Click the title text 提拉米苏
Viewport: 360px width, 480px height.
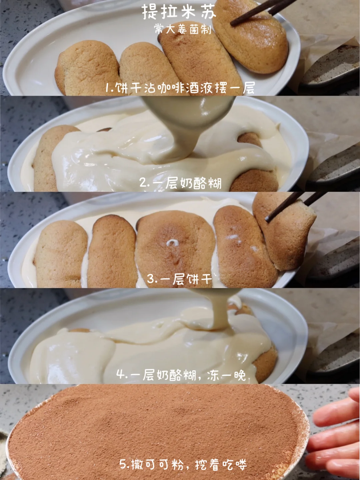tap(179, 12)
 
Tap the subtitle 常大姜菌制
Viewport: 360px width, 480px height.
tap(183, 29)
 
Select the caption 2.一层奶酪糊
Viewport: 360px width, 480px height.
tap(180, 183)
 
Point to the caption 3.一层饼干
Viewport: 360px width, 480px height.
tap(180, 279)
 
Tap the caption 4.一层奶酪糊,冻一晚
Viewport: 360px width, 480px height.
tap(181, 375)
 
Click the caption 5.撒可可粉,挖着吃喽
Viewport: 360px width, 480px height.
tap(183, 464)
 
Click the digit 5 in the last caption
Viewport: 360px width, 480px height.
tap(123, 464)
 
